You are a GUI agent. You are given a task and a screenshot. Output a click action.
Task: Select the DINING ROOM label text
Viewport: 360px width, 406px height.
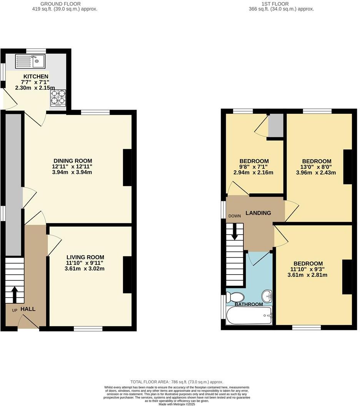tap(73, 161)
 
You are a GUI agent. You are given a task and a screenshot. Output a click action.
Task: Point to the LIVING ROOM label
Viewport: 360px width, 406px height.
tap(85, 257)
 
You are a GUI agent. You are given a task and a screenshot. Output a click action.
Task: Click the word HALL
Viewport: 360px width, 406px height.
tap(28, 309)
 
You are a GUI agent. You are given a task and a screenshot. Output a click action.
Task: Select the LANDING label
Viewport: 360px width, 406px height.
tap(258, 213)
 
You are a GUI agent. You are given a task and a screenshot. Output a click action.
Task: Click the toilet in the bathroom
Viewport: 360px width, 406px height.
tap(235, 297)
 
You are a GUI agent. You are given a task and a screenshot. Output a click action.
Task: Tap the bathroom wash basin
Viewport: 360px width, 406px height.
tap(267, 296)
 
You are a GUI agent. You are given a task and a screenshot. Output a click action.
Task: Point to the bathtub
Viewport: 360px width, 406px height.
tap(249, 316)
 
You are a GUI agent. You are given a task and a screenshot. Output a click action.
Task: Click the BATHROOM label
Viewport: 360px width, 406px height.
tap(249, 304)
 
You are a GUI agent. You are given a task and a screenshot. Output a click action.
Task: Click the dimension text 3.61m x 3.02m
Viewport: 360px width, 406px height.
tap(85, 269)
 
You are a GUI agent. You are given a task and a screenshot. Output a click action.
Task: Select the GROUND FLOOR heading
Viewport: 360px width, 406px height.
tap(62, 4)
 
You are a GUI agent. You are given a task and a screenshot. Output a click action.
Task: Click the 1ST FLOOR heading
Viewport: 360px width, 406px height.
tap(281, 4)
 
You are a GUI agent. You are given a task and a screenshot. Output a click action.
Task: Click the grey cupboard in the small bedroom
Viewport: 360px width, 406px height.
tap(275, 125)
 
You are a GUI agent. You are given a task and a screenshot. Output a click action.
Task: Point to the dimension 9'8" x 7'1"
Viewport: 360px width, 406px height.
tap(253, 167)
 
